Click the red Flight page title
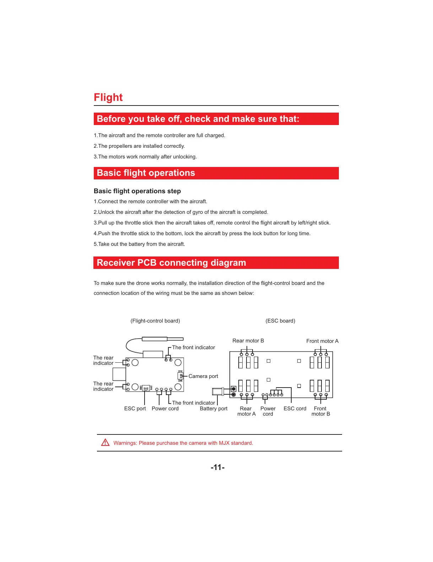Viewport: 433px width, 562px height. tap(108, 97)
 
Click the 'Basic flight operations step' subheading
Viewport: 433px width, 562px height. tap(137, 191)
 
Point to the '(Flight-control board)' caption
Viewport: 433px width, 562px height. tap(155, 321)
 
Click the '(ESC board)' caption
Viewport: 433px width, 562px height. tap(280, 321)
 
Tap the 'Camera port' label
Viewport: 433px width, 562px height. tap(203, 376)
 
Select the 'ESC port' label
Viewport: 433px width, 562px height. tap(135, 409)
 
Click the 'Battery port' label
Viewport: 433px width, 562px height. tap(213, 409)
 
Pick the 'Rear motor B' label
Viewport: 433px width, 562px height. tap(248, 341)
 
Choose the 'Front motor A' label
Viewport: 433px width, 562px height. tap(322, 341)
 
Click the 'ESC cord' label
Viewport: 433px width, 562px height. tap(295, 409)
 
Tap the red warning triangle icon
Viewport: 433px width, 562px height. tap(105, 443)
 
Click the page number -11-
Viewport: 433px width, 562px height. tap(217, 467)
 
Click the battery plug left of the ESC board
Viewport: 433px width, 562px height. tap(218, 391)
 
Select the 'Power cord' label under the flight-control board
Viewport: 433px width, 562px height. tap(165, 409)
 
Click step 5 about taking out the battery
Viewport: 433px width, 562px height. tap(139, 244)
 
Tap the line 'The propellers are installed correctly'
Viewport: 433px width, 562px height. tap(139, 146)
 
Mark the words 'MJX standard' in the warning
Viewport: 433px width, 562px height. tap(236, 443)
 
